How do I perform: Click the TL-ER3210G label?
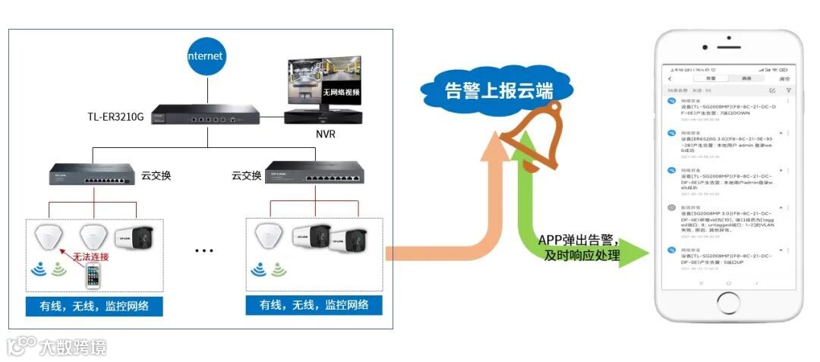point(115,118)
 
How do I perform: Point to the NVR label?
point(326,134)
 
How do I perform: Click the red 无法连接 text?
point(90,257)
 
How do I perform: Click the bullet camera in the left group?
point(134,238)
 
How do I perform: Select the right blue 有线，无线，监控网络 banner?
point(314,305)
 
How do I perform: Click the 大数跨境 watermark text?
point(74,347)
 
